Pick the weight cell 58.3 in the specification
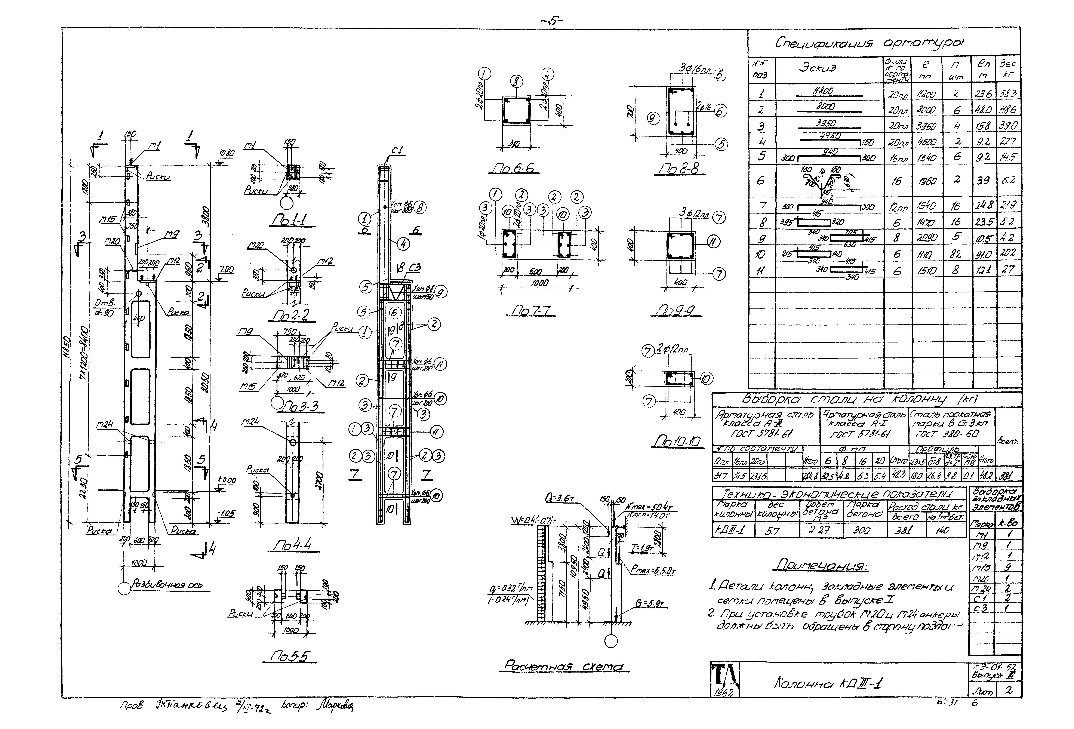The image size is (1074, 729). click(x=1008, y=94)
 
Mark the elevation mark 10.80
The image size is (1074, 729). click(x=227, y=153)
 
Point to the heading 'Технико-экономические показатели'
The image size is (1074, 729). click(x=839, y=493)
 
